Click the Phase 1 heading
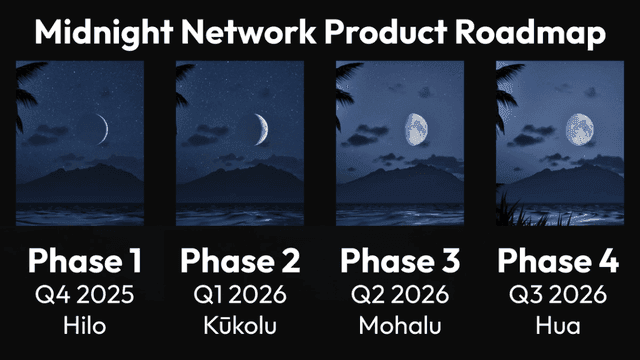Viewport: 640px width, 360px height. pyautogui.click(x=84, y=262)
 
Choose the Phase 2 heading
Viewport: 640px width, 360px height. pyautogui.click(x=240, y=262)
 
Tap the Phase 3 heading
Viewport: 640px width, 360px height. pyautogui.click(x=400, y=262)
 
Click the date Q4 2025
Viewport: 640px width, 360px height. pyautogui.click(x=84, y=297)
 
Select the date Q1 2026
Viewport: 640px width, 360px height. pyautogui.click(x=240, y=297)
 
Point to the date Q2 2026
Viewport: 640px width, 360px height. pyautogui.click(x=400, y=297)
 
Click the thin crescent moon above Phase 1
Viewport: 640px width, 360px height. pyautogui.click(x=103, y=127)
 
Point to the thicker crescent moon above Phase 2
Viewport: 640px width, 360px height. pyautogui.click(x=261, y=127)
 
